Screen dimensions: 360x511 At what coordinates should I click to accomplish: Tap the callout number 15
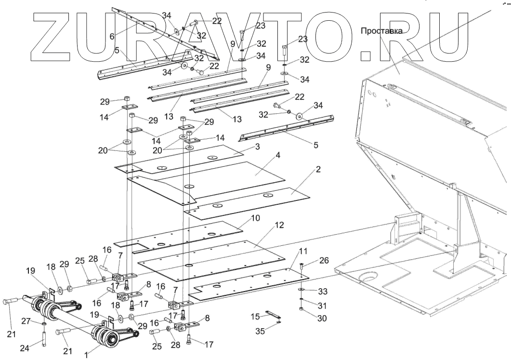coord(256,316)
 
